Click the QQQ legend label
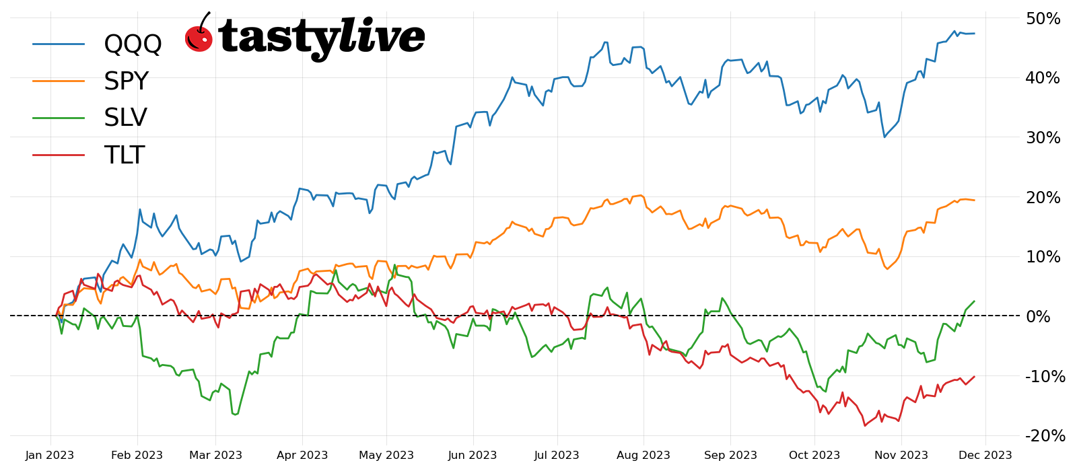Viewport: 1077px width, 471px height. tap(133, 44)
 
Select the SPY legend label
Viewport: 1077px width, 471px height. tap(126, 81)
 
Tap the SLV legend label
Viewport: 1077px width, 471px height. tap(125, 118)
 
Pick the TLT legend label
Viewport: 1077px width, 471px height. tap(124, 155)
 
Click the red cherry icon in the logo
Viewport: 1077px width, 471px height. tap(199, 38)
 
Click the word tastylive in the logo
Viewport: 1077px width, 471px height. tap(322, 38)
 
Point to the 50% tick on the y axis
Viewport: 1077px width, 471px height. tap(1043, 19)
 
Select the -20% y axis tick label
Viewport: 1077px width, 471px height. tap(1045, 436)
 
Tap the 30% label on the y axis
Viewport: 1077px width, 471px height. tap(1043, 138)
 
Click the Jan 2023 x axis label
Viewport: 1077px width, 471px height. tap(50, 456)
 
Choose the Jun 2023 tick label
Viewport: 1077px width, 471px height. tap(472, 456)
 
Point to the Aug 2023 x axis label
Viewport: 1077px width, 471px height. tap(643, 456)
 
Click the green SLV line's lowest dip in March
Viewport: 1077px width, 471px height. tap(235, 414)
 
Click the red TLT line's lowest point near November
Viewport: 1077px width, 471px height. tap(865, 425)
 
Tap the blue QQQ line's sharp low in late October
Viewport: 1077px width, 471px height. tap(884, 137)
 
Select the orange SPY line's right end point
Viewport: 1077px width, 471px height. tap(974, 200)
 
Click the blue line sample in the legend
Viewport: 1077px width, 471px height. tap(59, 44)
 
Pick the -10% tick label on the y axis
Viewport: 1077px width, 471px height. tap(1045, 377)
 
